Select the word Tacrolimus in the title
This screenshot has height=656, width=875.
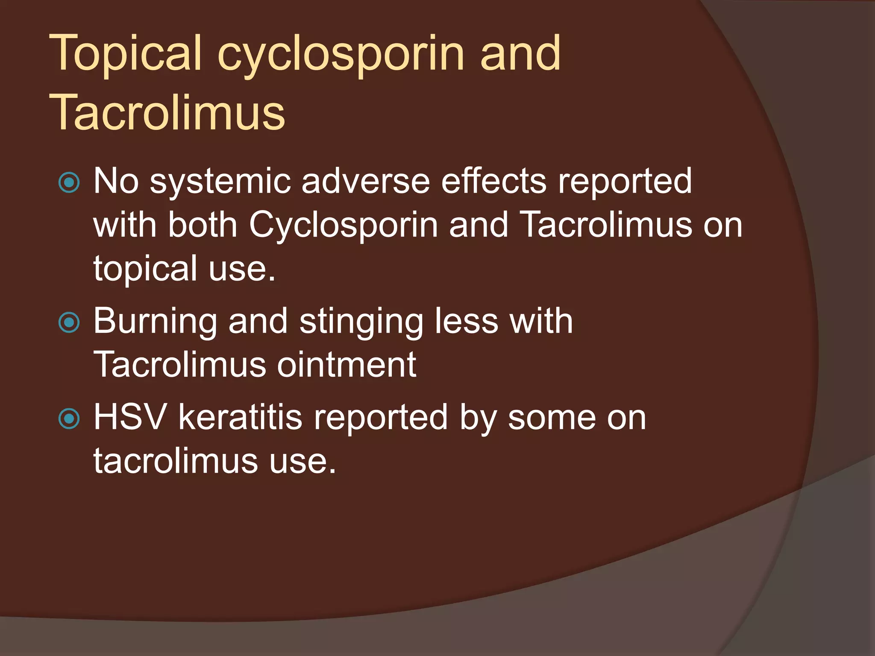(167, 113)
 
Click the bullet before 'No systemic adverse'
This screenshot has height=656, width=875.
(69, 183)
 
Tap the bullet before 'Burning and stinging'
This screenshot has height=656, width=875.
(69, 322)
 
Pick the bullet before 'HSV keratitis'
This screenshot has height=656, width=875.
(69, 419)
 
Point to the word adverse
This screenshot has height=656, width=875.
(365, 182)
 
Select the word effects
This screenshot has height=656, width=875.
(493, 182)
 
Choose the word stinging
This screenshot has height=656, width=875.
(361, 322)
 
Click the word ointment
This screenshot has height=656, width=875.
(346, 365)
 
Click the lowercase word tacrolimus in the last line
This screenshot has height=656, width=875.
(176, 461)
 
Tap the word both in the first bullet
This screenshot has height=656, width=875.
(203, 225)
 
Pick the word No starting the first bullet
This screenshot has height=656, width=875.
(116, 182)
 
